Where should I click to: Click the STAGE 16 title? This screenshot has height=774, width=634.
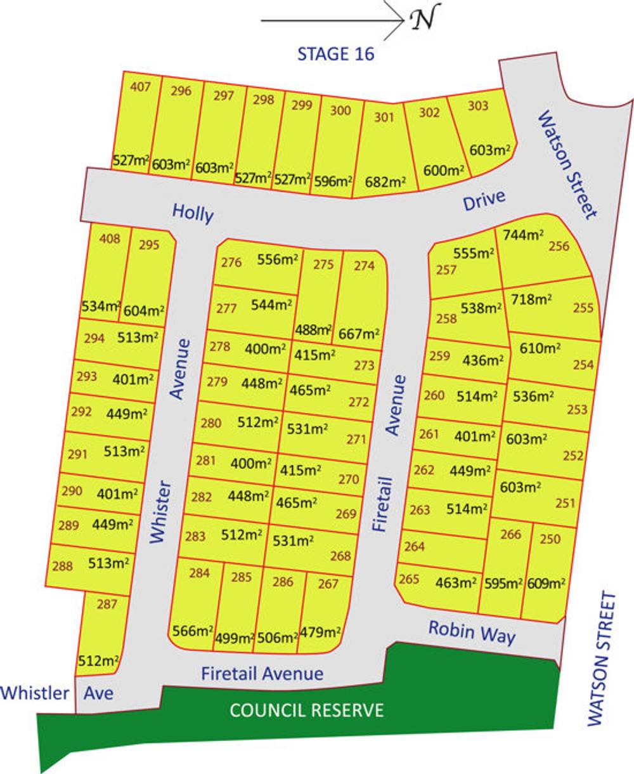click(x=336, y=54)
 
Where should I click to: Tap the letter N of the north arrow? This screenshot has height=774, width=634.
click(x=424, y=20)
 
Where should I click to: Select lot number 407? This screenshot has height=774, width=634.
click(x=140, y=86)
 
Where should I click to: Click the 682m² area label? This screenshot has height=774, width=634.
click(x=387, y=181)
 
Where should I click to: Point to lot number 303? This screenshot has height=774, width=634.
click(x=478, y=106)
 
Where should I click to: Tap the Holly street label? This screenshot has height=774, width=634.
click(x=193, y=213)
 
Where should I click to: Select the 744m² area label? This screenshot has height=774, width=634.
click(x=524, y=235)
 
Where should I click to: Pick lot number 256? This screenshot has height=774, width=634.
click(x=559, y=246)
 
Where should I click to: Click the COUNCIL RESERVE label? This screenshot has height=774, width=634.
click(x=307, y=710)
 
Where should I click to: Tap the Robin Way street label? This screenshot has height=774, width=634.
click(x=472, y=631)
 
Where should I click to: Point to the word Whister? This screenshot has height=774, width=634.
click(x=160, y=512)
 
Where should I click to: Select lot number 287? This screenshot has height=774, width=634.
click(x=107, y=604)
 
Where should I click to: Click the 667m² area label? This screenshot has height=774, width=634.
click(x=359, y=333)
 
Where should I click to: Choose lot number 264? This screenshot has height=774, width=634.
click(x=415, y=546)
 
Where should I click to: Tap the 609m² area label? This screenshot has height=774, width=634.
click(x=546, y=583)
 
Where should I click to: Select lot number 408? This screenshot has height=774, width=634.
click(x=110, y=240)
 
